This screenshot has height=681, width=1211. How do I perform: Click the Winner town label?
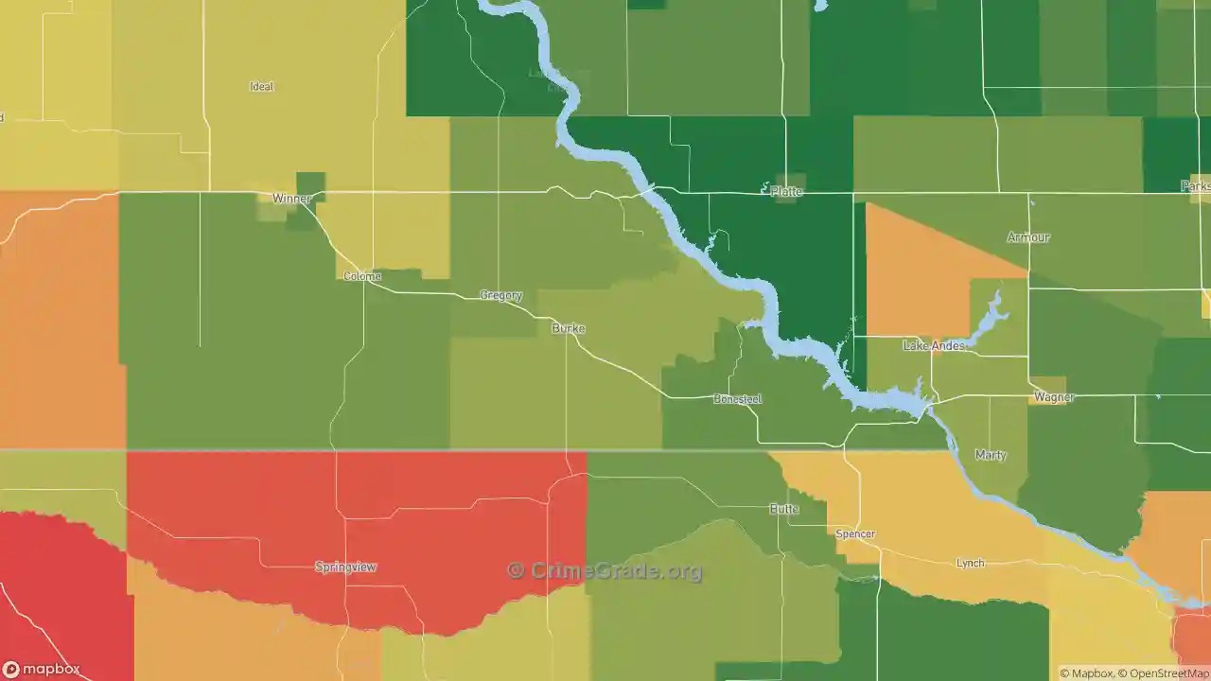290,199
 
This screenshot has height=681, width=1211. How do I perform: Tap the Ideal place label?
261,86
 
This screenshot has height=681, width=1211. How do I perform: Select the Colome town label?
361,276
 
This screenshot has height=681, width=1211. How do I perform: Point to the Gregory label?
501,295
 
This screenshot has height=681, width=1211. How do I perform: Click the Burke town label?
568,328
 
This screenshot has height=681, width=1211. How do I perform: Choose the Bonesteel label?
737,399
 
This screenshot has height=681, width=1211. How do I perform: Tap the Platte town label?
786,191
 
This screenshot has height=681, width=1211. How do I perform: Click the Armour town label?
1028,237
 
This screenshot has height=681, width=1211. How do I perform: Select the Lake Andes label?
934,345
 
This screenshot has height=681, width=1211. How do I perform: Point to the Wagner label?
1054,397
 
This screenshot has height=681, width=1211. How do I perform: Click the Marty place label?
991,455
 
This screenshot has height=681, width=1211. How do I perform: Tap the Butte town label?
784,509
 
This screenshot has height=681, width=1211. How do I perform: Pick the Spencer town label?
855,533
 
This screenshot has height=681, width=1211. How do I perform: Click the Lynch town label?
970,563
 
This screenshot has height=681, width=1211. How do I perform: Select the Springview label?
345,567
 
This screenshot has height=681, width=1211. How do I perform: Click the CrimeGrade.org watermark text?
605,570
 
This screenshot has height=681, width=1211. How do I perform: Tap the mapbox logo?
42,669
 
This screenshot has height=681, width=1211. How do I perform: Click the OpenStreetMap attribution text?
1162,673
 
